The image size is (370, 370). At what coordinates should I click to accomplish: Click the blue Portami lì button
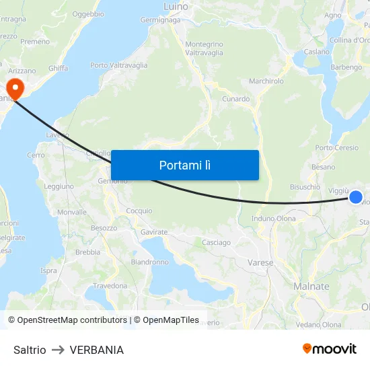point(184,165)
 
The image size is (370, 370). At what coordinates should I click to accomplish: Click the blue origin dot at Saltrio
point(356,197)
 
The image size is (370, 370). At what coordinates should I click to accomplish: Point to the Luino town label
point(176,7)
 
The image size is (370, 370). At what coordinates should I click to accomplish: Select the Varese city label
point(260,262)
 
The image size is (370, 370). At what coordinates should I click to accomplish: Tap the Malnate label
point(311,286)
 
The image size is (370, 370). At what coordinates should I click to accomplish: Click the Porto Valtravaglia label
point(119,65)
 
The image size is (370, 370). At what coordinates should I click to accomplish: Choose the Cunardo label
point(236,99)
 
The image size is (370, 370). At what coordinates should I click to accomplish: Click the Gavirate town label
point(154,231)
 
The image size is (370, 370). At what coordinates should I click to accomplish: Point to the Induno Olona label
point(273,219)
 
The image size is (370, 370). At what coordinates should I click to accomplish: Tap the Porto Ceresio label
point(337,148)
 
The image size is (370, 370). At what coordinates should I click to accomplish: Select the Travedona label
point(110,286)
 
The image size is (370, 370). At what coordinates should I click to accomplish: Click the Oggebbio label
point(87,13)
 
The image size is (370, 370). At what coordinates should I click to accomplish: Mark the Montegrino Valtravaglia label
point(204,48)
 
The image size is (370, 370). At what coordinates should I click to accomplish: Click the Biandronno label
point(149,262)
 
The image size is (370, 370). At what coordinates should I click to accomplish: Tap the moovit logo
point(330,348)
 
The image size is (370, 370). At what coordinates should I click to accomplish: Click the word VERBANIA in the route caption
point(96,350)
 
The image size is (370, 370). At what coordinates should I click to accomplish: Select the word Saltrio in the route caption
point(30,350)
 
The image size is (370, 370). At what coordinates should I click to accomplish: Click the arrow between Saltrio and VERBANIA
point(58,350)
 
